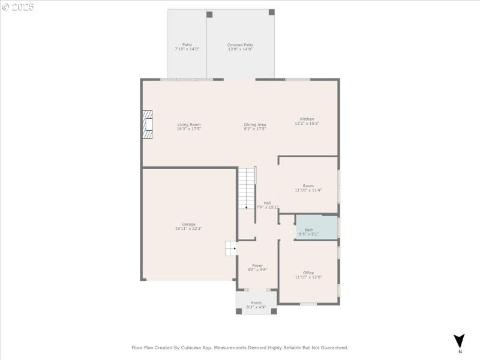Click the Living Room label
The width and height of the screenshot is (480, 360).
click(188, 125)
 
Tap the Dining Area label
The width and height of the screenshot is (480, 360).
click(255, 125)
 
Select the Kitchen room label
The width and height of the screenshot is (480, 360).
click(307, 119)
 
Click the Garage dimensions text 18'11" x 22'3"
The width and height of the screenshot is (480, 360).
click(188, 229)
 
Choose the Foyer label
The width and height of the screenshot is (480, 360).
click(257, 265)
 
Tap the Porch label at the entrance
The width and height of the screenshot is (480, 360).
click(256, 303)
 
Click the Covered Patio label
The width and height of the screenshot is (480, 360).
click(240, 45)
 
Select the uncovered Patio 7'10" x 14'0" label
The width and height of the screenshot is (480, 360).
click(187, 45)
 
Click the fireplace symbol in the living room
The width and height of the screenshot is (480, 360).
click(148, 124)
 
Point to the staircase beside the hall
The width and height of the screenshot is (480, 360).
click(247, 188)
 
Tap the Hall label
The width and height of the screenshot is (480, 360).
click(267, 203)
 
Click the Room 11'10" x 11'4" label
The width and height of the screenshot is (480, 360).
click(308, 186)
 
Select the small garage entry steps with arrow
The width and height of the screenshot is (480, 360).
click(231, 248)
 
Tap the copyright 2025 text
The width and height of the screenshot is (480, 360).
click(18, 7)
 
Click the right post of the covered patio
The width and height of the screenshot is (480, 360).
click(271, 12)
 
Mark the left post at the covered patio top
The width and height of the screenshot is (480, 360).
click(209, 14)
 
